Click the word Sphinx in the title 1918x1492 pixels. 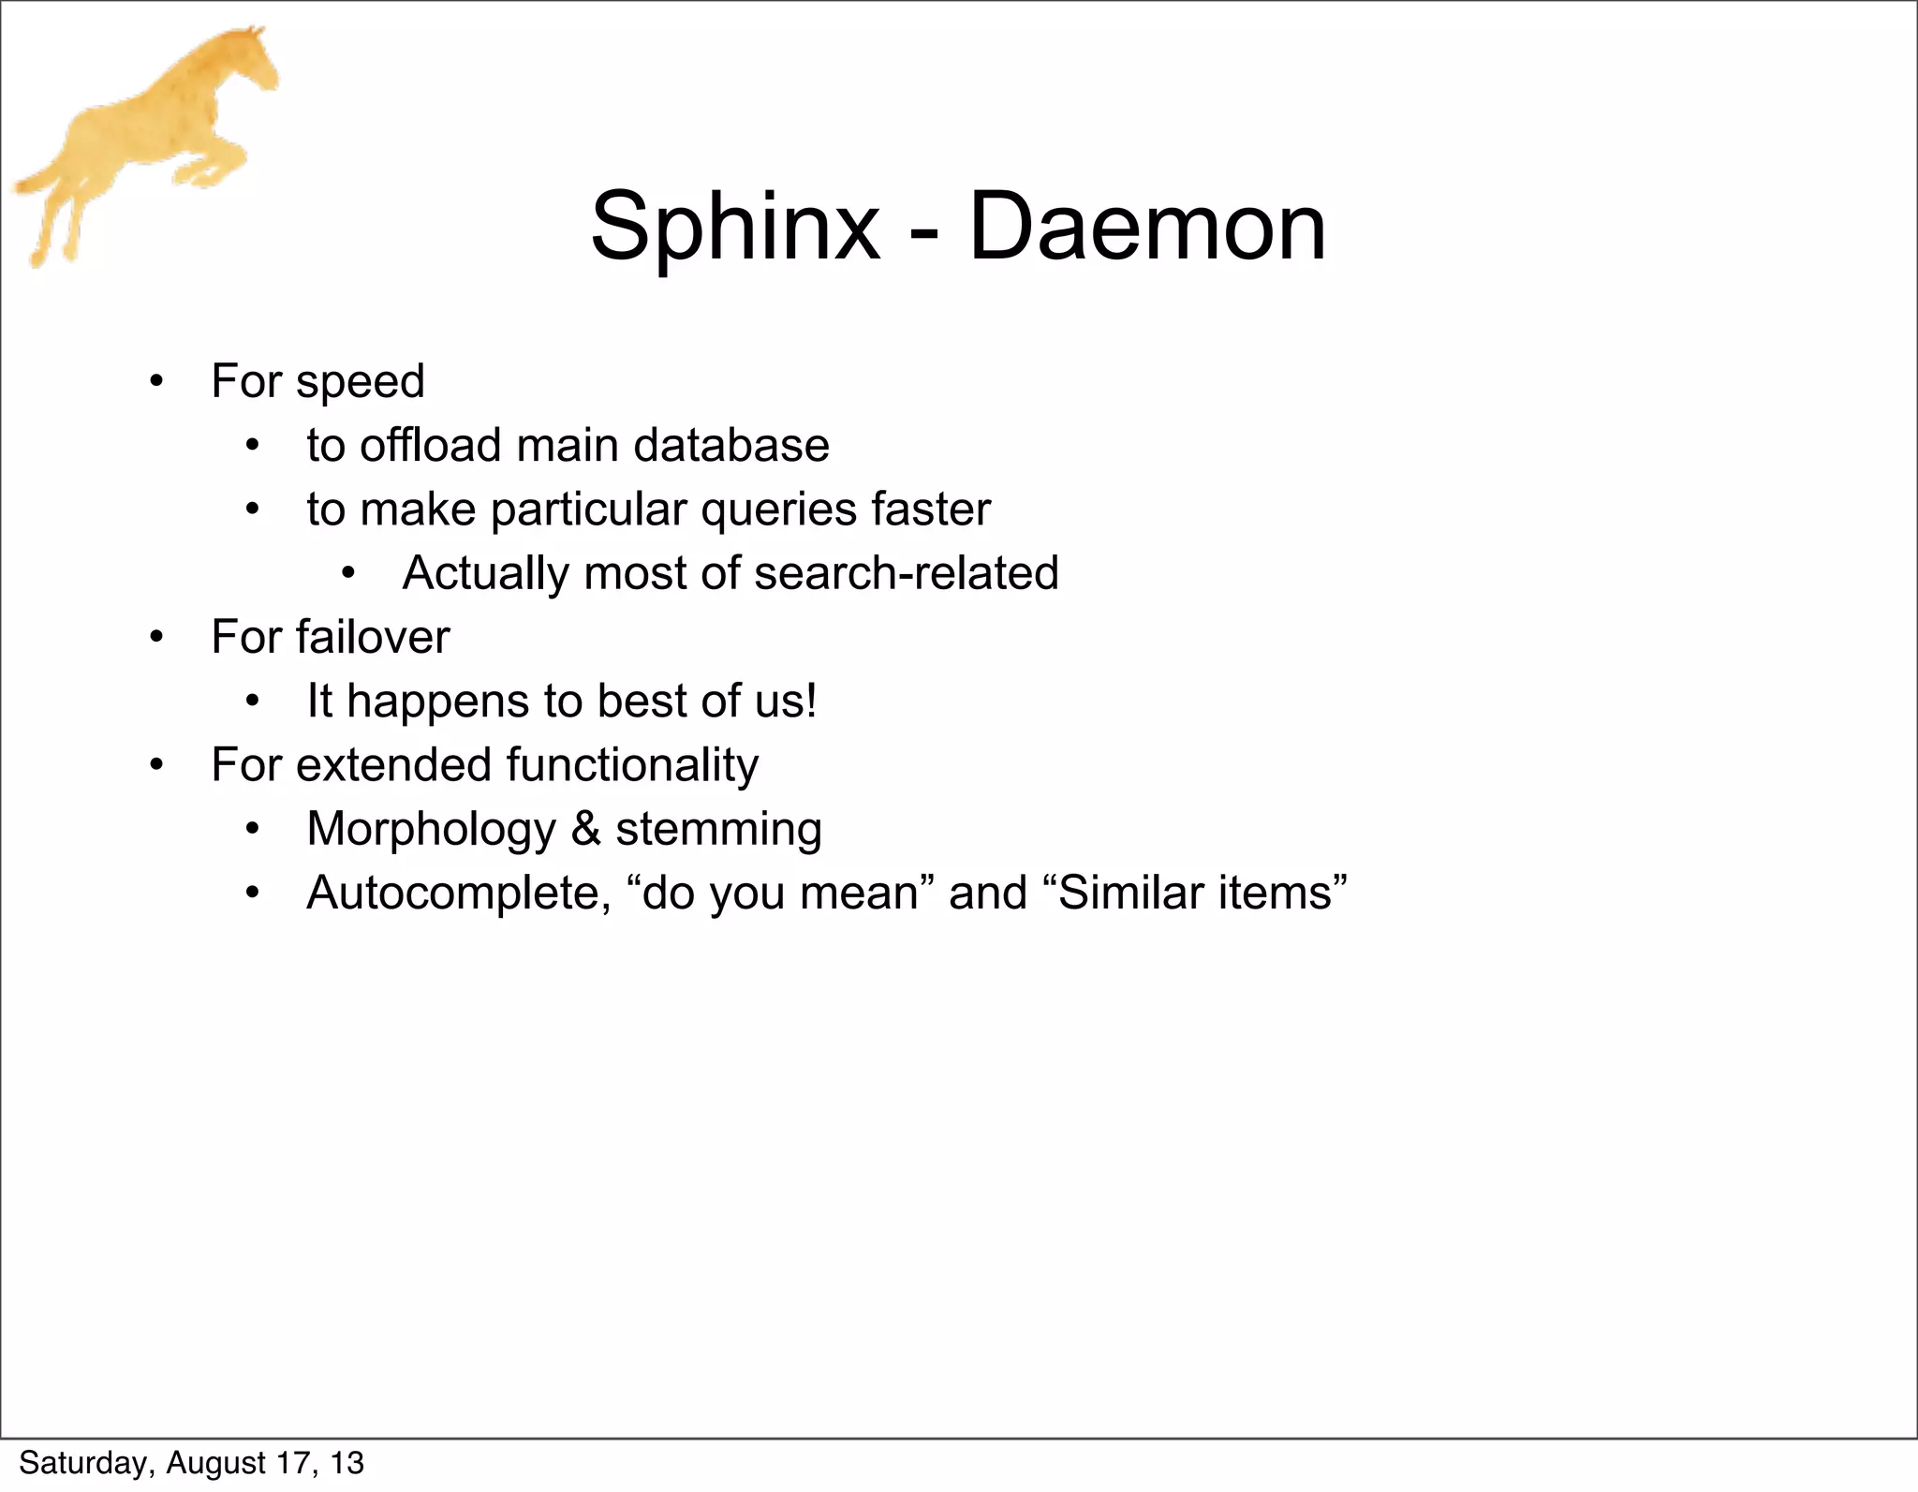(x=735, y=228)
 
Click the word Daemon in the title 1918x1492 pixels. (x=1147, y=228)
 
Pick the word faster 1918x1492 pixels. (x=931, y=510)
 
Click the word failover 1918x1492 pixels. (x=373, y=638)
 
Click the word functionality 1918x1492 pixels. (x=632, y=766)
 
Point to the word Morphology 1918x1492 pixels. (x=431, y=831)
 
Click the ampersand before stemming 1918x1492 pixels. (x=586, y=829)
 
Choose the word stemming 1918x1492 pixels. (x=718, y=831)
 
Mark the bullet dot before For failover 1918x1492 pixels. (x=156, y=638)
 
